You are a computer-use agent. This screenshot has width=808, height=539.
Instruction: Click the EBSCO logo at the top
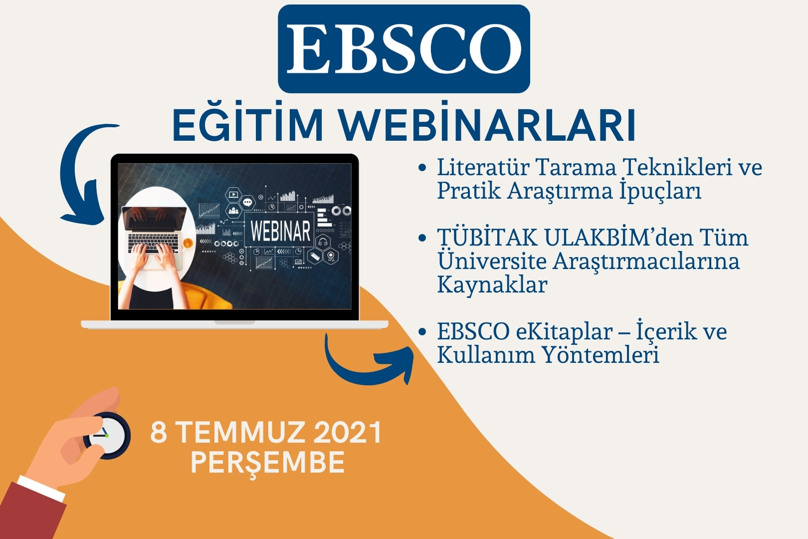pos(404,49)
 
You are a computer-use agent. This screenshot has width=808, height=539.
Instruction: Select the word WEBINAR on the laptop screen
pos(280,231)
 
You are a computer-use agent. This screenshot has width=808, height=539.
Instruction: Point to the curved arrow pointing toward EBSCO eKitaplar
pos(364,372)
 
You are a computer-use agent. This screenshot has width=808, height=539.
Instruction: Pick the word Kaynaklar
pos(492,285)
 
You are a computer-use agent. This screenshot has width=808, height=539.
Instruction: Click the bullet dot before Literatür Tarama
pos(422,168)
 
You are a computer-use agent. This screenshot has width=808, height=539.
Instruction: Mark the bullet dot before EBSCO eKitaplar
pos(422,332)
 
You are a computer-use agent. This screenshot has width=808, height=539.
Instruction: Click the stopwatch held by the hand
pos(108,436)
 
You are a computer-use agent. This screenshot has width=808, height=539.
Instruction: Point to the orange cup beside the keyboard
pos(188,243)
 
